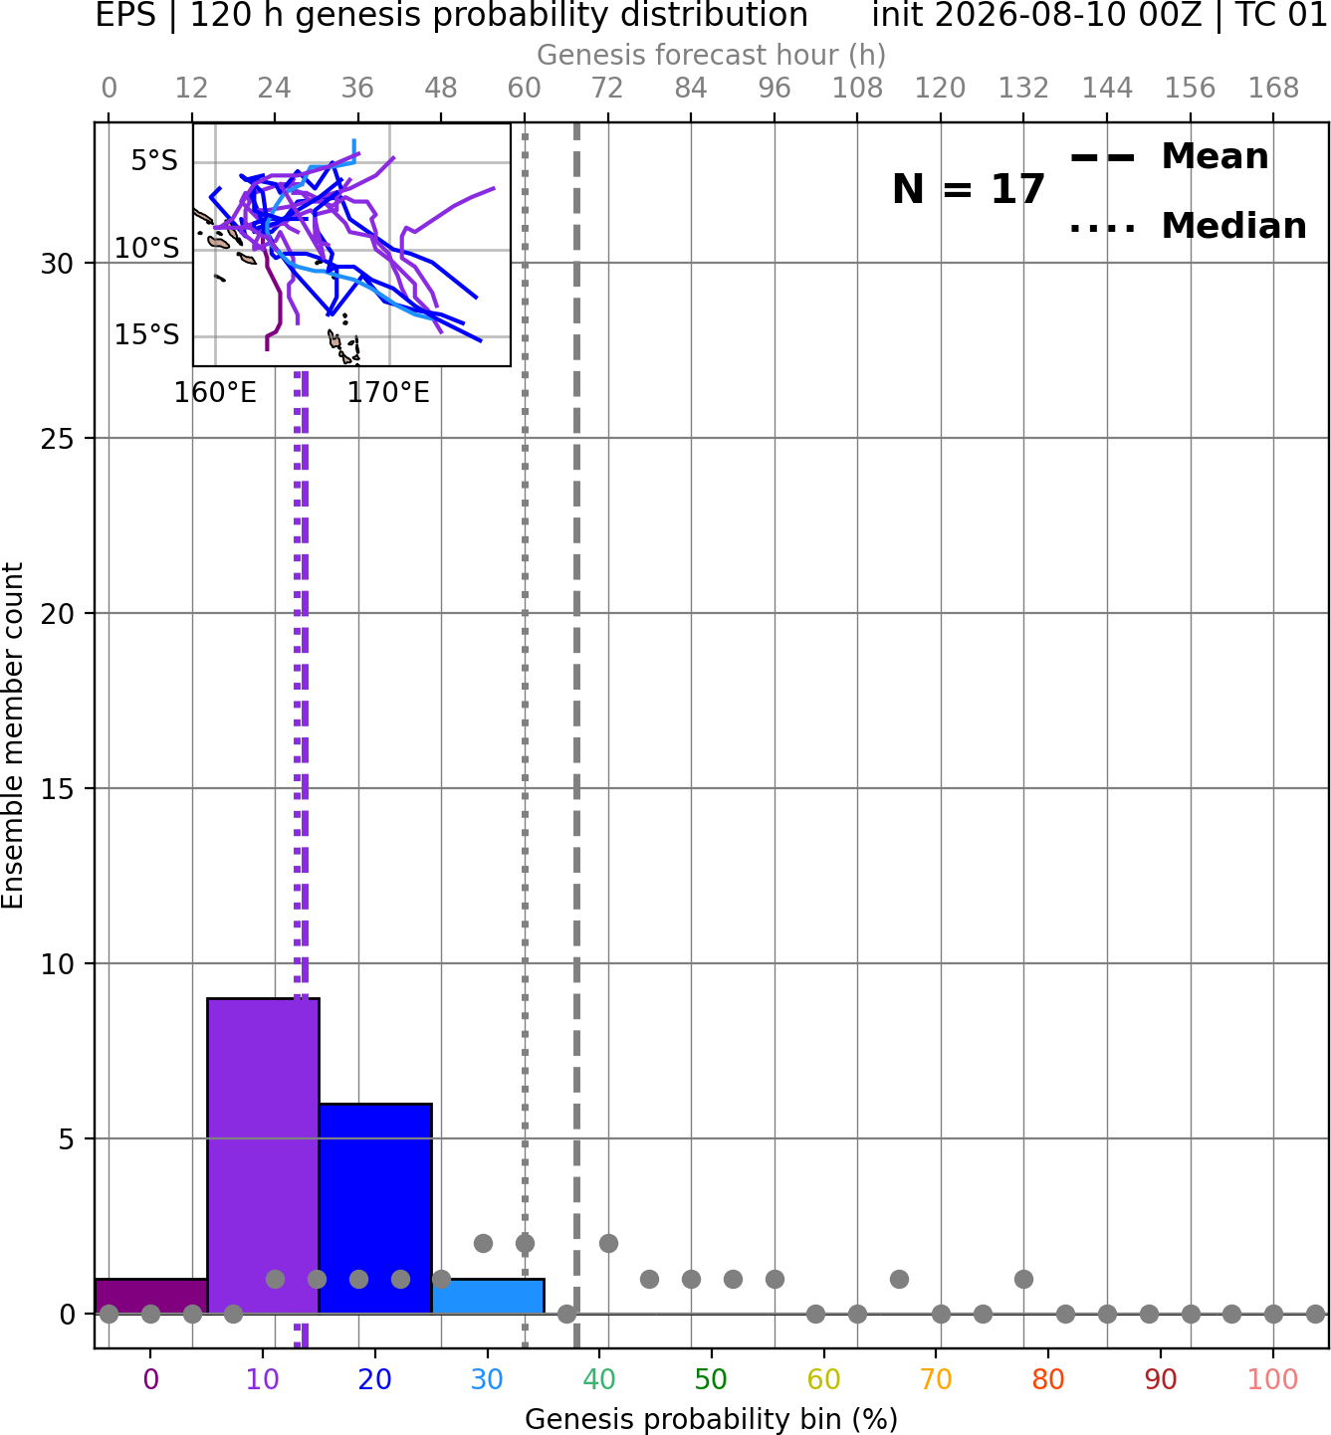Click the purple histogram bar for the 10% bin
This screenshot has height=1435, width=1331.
click(263, 1156)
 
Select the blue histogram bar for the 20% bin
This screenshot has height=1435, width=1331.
click(376, 1209)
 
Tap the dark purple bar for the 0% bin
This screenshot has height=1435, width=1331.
click(151, 1297)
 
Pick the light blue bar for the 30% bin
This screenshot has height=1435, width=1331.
click(488, 1297)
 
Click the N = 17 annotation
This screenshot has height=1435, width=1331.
click(968, 189)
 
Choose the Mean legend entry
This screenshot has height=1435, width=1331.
click(1169, 157)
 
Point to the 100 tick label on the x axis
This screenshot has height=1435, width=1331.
click(1272, 1380)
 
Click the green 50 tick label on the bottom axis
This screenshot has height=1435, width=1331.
click(711, 1380)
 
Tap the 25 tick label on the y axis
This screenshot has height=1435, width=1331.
click(57, 439)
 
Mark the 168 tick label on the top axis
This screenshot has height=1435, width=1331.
click(1273, 89)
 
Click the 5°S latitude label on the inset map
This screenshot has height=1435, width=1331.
click(154, 160)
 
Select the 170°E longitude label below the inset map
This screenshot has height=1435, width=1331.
click(388, 393)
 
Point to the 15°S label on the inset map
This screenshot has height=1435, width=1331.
click(146, 334)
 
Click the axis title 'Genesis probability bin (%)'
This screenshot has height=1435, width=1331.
click(711, 1419)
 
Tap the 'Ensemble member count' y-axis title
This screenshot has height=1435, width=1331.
click(13, 735)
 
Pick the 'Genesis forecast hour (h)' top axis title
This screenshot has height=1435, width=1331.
click(711, 55)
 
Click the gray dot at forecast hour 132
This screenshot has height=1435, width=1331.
click(1023, 1279)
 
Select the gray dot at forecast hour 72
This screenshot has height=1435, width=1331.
click(608, 1244)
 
